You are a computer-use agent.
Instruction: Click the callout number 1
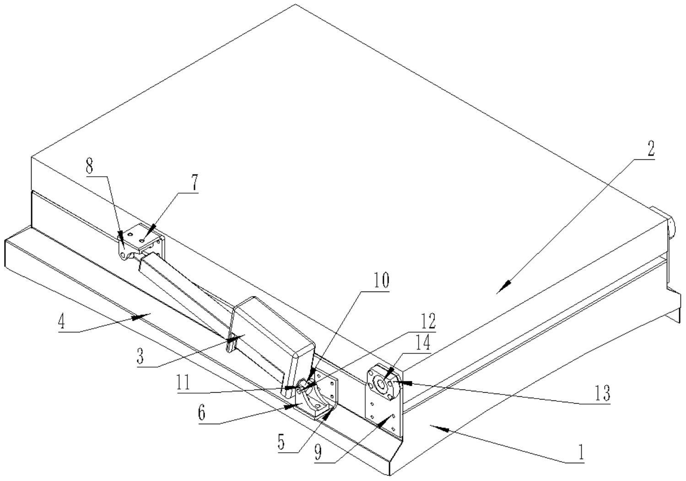click(x=580, y=452)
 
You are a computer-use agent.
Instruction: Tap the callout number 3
click(x=141, y=356)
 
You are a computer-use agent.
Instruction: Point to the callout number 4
click(x=62, y=322)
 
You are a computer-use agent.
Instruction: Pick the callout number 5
click(x=281, y=442)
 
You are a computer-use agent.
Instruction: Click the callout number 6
click(x=202, y=413)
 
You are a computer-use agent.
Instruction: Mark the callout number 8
click(x=90, y=167)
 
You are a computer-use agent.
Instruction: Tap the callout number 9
click(x=318, y=452)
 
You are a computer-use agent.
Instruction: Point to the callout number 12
click(x=428, y=321)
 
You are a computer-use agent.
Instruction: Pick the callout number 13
click(x=602, y=393)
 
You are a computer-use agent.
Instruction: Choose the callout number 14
click(x=423, y=343)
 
